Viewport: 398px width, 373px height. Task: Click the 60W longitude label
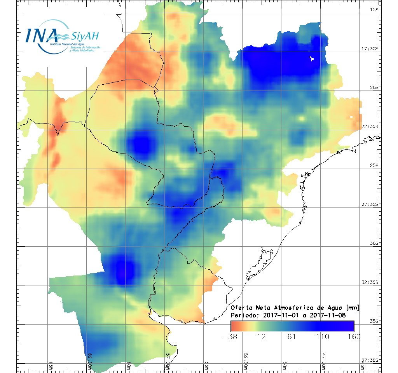(128, 366)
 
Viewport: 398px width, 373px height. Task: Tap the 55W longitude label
(206, 366)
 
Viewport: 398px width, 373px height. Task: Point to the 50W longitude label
(284, 366)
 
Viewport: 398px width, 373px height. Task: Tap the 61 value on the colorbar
(292, 336)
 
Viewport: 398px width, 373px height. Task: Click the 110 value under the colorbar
(323, 336)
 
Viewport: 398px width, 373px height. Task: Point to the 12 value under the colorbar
(261, 336)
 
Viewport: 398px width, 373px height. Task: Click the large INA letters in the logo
(42, 35)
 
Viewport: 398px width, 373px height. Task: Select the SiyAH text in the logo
(85, 37)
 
